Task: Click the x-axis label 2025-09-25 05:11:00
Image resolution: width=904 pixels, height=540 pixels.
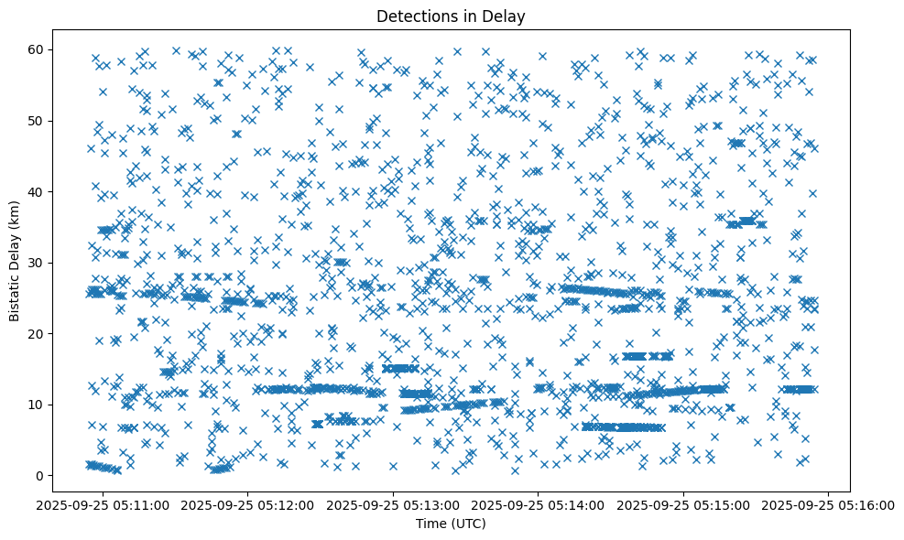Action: click(103, 504)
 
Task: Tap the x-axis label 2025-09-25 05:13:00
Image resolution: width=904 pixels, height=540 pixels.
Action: click(394, 504)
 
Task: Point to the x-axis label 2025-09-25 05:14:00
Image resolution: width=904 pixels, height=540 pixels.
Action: click(539, 504)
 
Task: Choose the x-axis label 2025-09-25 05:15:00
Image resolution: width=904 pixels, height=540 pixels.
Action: click(683, 504)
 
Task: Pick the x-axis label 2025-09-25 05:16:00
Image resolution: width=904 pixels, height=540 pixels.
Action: click(829, 504)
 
